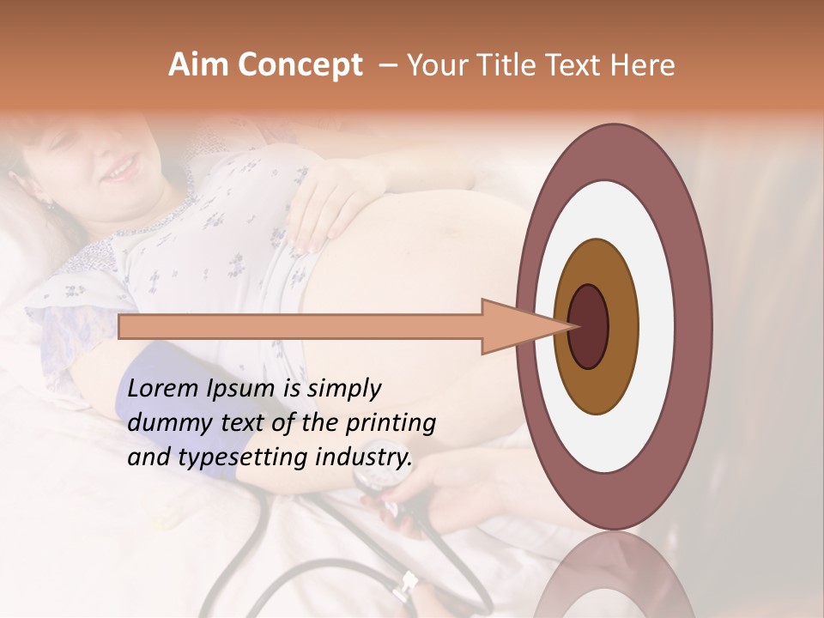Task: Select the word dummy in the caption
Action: coord(164,423)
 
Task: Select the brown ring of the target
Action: coord(597,386)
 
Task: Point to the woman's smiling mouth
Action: coord(123,167)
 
